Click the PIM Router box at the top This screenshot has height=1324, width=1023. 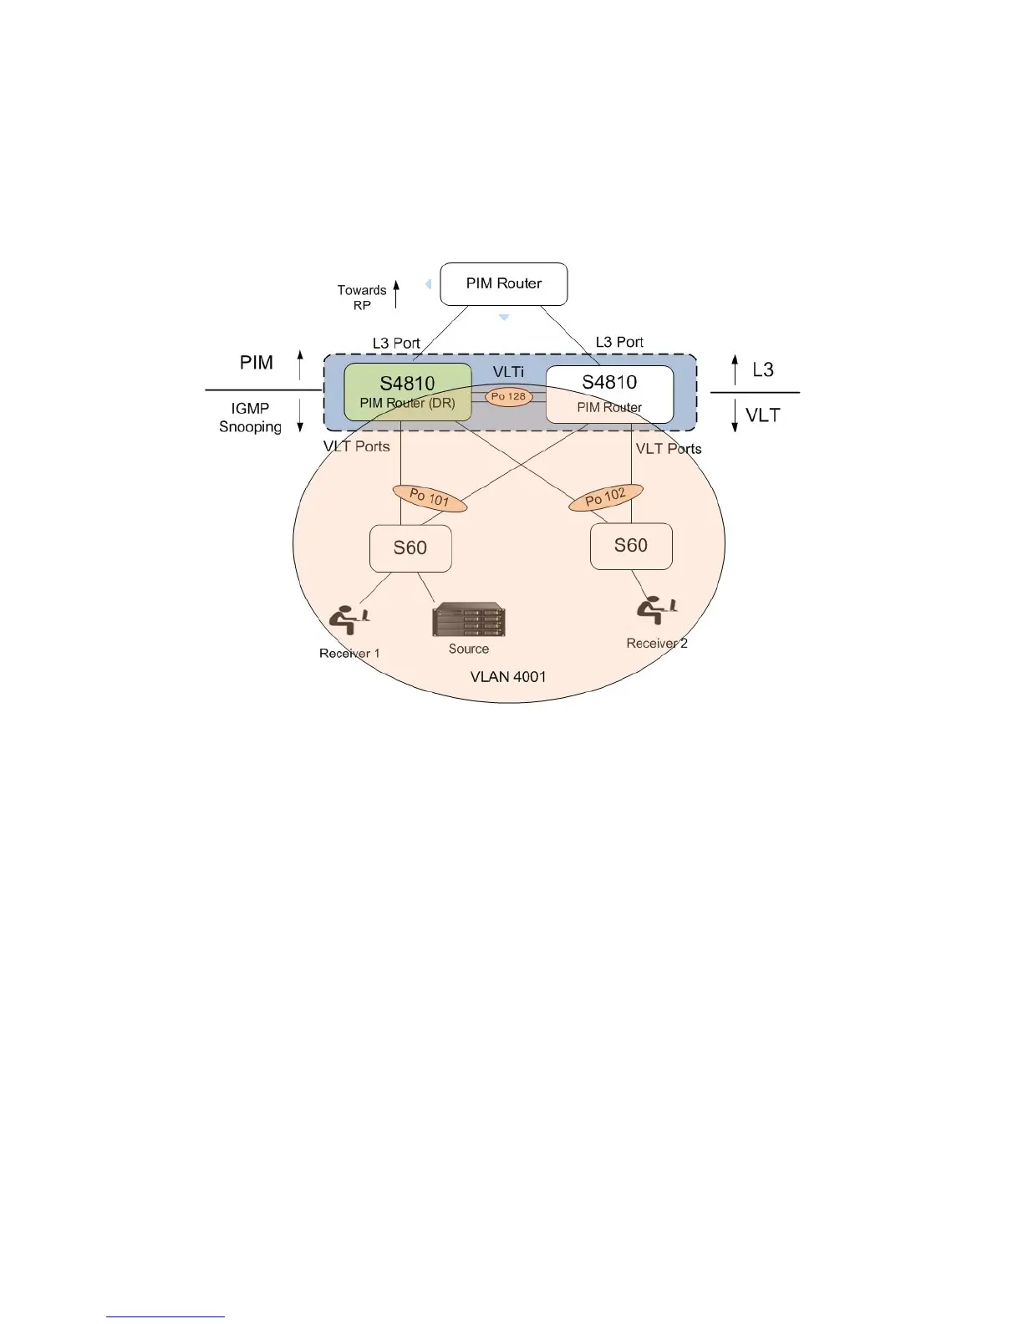503,284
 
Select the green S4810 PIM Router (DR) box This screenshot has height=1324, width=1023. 408,392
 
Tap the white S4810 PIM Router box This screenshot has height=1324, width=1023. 609,394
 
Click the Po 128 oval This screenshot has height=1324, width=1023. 508,396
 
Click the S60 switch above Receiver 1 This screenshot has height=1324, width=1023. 410,548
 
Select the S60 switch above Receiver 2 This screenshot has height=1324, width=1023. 631,546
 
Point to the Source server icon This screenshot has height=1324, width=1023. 468,620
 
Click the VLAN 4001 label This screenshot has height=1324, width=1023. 508,676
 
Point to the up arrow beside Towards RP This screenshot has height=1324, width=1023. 396,294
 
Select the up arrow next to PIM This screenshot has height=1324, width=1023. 300,365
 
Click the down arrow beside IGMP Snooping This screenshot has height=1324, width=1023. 300,415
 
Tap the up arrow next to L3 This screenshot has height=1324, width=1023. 735,369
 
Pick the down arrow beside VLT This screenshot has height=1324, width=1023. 735,416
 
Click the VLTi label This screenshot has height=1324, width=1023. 508,372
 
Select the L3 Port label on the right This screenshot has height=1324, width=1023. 619,342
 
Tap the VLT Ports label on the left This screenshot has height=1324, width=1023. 357,446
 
